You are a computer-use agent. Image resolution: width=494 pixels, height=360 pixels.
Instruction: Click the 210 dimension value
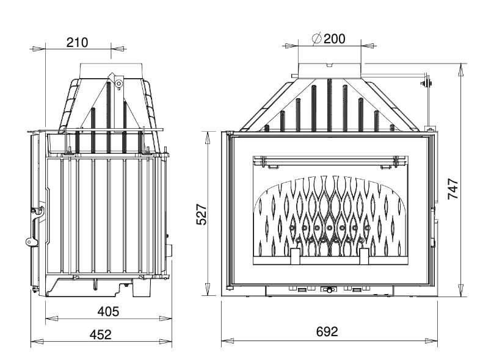(x=77, y=43)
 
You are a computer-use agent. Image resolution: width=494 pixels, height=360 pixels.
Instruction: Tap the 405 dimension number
(x=108, y=312)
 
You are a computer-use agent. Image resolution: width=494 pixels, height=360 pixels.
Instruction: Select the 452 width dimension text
(x=101, y=334)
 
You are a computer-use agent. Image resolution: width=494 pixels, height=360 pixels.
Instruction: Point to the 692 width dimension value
(x=327, y=332)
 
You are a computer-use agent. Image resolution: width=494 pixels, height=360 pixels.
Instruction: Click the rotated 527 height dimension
(x=202, y=215)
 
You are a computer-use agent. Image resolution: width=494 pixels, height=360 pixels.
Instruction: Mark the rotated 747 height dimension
(x=453, y=189)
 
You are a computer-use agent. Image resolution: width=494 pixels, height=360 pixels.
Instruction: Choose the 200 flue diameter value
(x=334, y=38)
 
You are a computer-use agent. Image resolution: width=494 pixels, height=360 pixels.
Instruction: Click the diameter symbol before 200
(x=317, y=38)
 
